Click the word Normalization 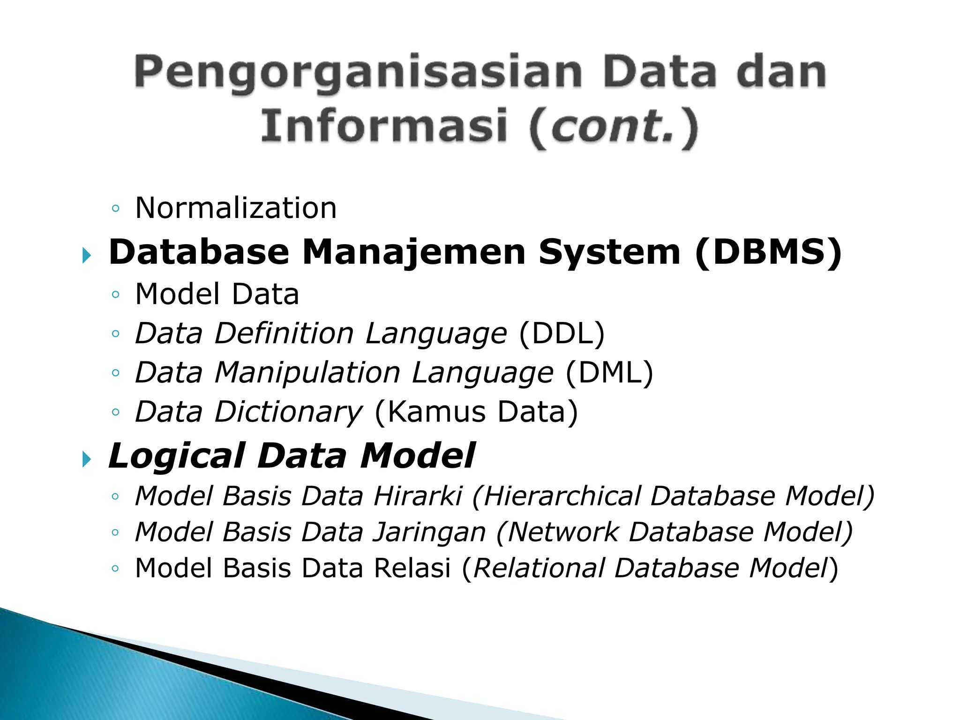coord(236,208)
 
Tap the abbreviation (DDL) coord(562,334)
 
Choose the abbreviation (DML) coord(609,373)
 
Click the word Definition coord(284,333)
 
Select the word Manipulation coord(307,373)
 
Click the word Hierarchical coord(561,496)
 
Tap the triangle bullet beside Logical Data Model coord(86,459)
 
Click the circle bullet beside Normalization coord(115,209)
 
